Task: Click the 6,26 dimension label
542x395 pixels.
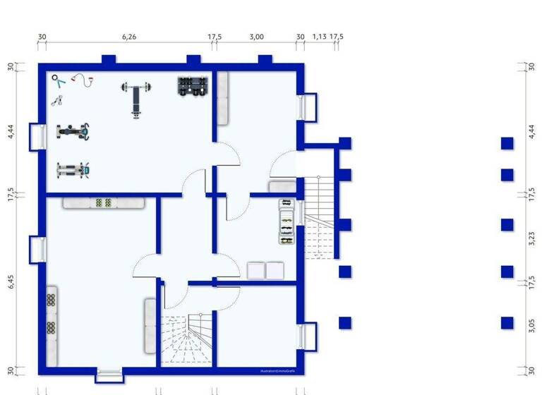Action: point(129,37)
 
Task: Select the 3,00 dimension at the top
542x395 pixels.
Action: point(256,37)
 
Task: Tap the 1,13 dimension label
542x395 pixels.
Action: point(319,37)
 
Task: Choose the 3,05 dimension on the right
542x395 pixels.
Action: point(531,324)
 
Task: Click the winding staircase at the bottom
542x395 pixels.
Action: point(186,339)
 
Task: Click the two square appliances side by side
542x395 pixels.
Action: point(265,270)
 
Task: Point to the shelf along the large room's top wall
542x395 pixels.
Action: point(103,203)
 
